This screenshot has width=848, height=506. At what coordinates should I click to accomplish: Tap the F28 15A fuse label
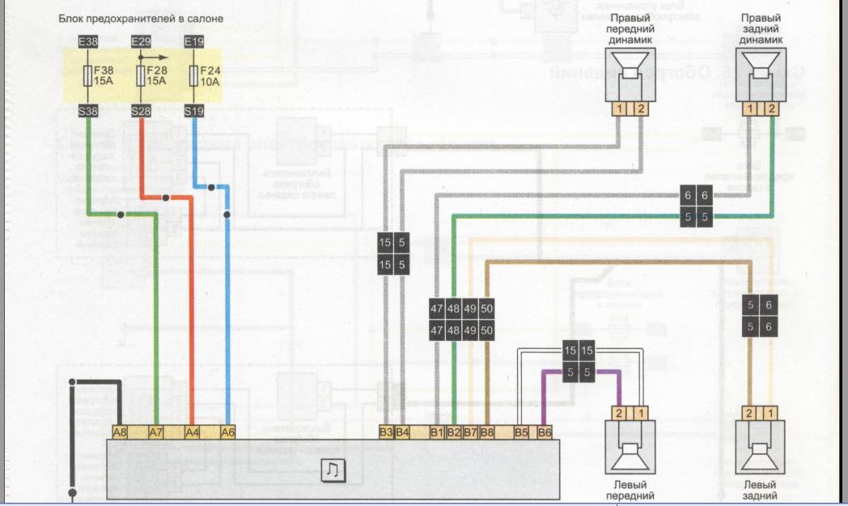coord(155,75)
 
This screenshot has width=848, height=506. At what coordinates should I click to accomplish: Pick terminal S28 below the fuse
coord(141,111)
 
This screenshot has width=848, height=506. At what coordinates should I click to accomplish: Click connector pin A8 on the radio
coord(119,432)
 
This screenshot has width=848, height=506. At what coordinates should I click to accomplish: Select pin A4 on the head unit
coord(192,432)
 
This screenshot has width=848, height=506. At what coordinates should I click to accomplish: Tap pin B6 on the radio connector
coord(544,432)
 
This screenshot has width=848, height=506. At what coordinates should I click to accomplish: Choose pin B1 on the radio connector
coord(438,432)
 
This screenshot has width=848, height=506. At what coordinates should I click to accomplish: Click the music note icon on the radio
coord(332,470)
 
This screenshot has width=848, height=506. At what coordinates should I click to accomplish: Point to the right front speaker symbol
coord(629,75)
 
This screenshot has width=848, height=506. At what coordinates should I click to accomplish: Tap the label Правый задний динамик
coord(761,29)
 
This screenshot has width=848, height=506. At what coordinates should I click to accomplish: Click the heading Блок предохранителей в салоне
coord(141,17)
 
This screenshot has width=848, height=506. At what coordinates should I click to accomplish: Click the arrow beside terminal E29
coord(151,57)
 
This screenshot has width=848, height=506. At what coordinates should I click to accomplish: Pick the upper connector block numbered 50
coord(486,308)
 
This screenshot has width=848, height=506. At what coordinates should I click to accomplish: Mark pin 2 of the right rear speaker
coord(772,108)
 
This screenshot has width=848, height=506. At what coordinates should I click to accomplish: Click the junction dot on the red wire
coord(165,198)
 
